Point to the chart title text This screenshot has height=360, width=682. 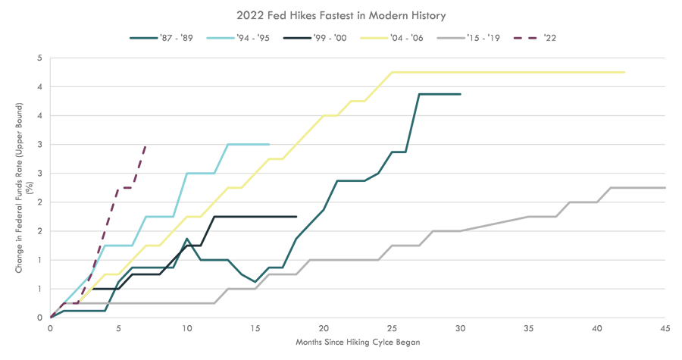point(341,15)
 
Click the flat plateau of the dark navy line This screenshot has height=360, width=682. point(258,216)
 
